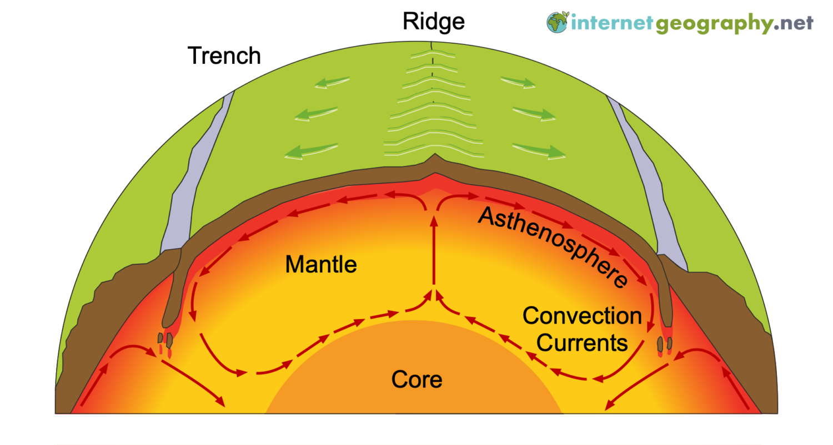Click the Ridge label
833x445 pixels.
point(433,22)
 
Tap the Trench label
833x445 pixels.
point(224,55)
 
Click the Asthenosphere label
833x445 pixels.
point(553,245)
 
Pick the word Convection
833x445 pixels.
point(582,316)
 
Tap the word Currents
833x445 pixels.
point(583,343)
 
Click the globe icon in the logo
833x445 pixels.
point(557,23)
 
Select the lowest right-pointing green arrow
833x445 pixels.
point(539,150)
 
